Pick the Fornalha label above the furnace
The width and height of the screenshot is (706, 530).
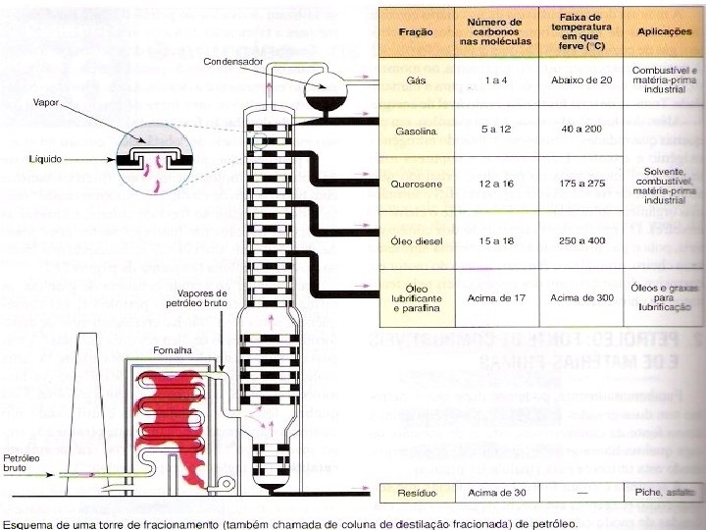[171, 349]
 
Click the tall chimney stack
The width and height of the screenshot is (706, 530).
[80, 412]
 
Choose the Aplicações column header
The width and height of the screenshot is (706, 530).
[665, 32]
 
